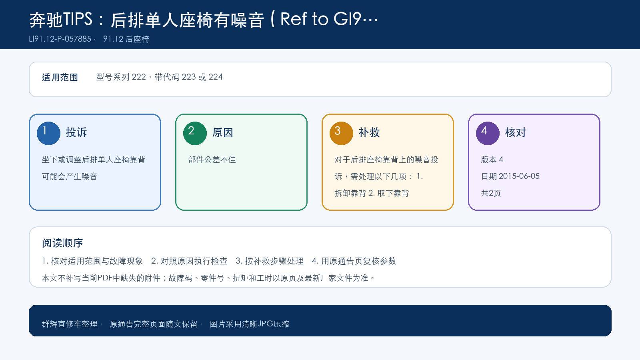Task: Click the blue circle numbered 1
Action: (x=48, y=134)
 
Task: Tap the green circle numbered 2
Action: (x=195, y=134)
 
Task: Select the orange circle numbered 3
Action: (x=341, y=134)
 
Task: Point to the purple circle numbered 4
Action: (x=488, y=134)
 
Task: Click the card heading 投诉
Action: (x=76, y=132)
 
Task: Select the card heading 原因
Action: (x=222, y=132)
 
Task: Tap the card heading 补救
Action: (x=369, y=132)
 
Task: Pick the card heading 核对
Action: (x=516, y=132)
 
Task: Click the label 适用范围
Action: (x=60, y=78)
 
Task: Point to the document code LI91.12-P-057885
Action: (x=60, y=39)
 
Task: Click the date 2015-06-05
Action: (x=519, y=176)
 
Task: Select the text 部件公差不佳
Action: (x=212, y=160)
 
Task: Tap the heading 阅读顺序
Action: (x=62, y=243)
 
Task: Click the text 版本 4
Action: (x=492, y=160)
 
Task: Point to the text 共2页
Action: (x=491, y=193)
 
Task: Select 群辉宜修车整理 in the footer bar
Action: (x=70, y=324)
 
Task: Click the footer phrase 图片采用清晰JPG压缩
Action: (x=250, y=324)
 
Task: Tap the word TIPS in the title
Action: (x=78, y=20)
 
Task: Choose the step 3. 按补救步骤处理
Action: (x=270, y=261)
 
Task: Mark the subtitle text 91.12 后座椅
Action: (x=126, y=39)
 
